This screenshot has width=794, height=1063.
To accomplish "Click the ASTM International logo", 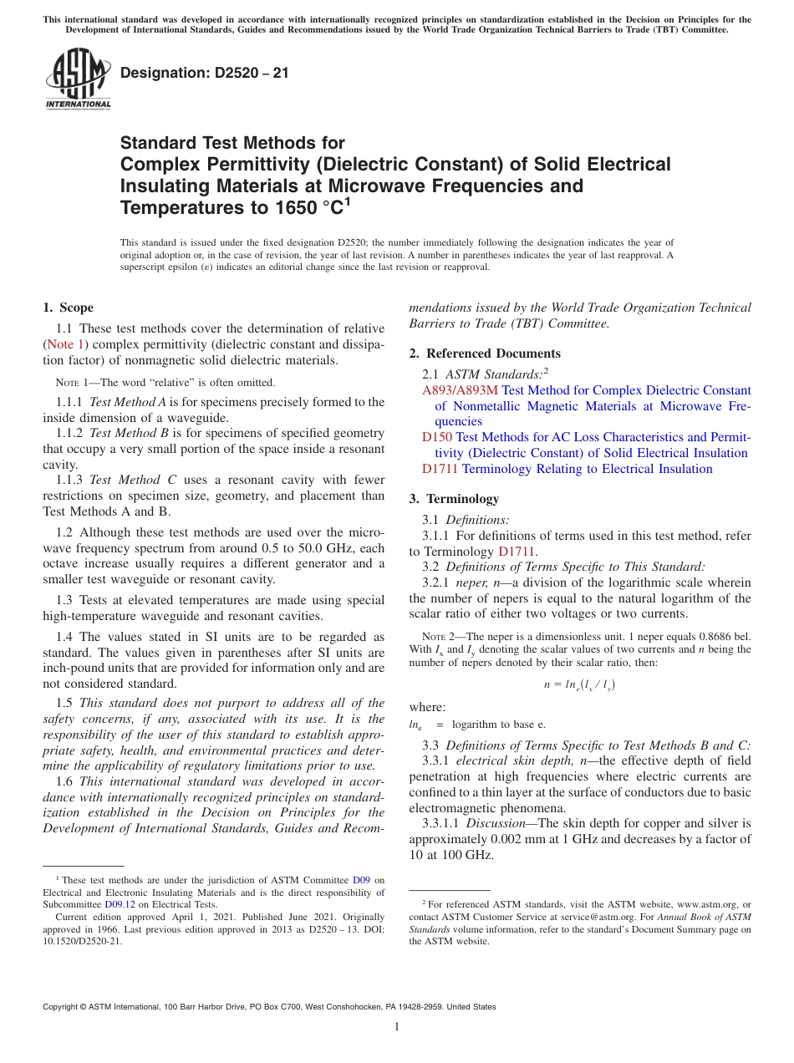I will tap(78, 79).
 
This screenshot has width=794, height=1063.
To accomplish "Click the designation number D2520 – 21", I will tap(205, 73).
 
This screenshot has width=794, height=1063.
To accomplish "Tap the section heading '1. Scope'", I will tap(68, 308).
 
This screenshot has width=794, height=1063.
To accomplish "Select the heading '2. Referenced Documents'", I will tap(485, 353).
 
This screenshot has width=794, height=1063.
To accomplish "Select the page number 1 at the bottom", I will tap(397, 1027).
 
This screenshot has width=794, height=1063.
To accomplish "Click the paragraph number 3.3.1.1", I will tap(443, 823).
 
